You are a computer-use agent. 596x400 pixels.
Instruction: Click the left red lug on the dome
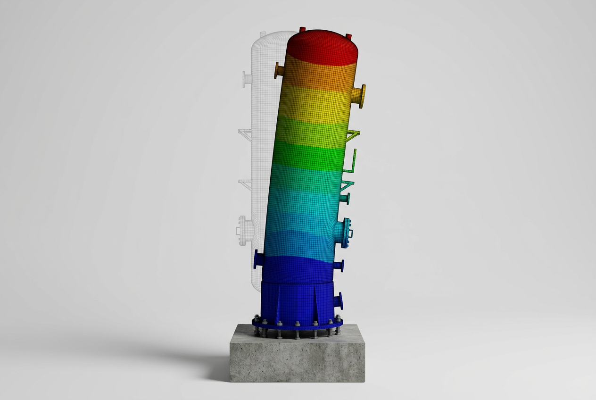[302, 30]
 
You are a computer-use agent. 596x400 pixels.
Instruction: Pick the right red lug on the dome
[349, 36]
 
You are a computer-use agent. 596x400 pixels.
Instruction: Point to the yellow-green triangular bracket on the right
[353, 136]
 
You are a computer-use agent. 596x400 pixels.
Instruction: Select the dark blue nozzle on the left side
[258, 259]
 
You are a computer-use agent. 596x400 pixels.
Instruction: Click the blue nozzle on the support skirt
[338, 301]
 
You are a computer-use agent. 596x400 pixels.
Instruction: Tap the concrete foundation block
[297, 358]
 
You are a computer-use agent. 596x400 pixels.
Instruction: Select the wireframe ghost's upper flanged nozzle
[246, 79]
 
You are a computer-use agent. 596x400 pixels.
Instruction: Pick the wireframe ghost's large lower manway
[244, 231]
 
